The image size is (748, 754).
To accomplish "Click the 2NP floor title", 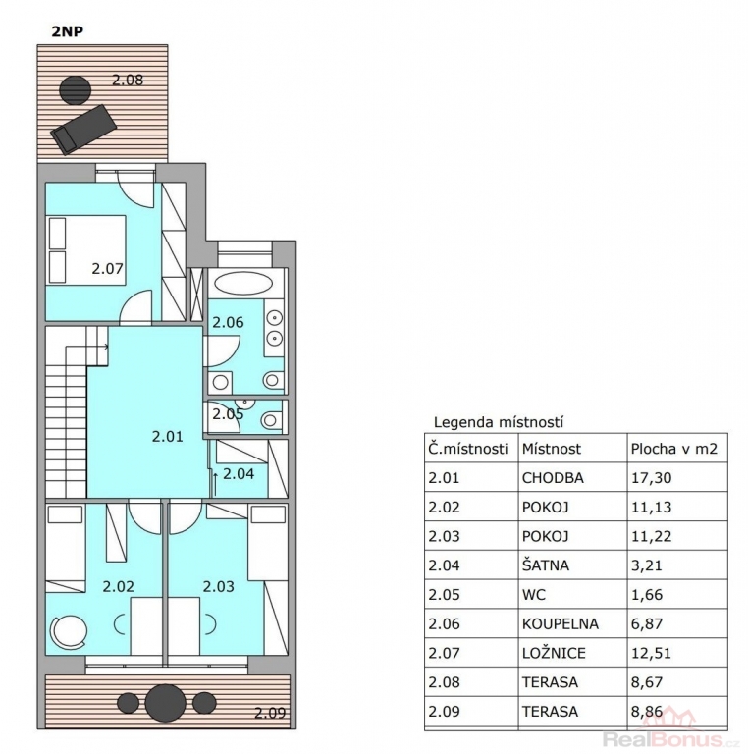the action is [x=68, y=31].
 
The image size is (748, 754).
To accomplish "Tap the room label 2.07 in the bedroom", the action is [x=108, y=268].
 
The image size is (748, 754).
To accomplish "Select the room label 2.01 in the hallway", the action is [x=167, y=436].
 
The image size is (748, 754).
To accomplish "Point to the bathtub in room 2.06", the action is [x=243, y=283].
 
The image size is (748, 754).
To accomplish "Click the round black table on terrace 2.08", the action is [x=75, y=90].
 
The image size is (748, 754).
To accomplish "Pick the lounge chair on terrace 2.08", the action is [x=84, y=129].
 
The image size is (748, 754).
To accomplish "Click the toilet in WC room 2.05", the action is [x=273, y=420].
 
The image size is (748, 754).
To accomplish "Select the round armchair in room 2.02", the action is [x=70, y=631].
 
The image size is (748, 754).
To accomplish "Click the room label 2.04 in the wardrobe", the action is [x=239, y=473].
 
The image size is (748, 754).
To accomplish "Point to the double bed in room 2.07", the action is [x=86, y=250].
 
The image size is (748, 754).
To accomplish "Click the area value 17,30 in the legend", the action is [x=652, y=478].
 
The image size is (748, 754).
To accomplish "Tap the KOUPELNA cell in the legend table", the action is [x=561, y=623].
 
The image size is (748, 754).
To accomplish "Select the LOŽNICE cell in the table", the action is [x=554, y=653].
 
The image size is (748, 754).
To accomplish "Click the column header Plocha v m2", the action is [x=674, y=449].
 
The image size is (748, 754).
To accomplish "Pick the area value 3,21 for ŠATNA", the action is [x=647, y=565].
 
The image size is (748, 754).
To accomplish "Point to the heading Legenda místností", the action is [x=499, y=422].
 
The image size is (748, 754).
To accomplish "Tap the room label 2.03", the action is [x=219, y=586].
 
